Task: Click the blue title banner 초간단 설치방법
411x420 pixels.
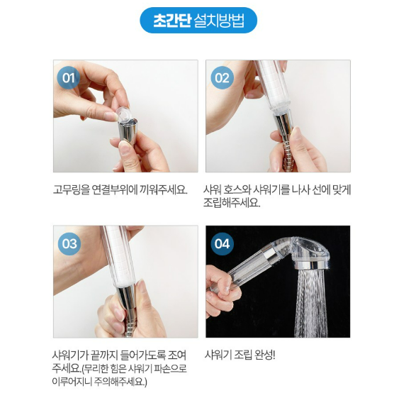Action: coord(198,21)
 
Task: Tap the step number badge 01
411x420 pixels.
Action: coord(69,77)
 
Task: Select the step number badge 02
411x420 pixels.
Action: coord(222,77)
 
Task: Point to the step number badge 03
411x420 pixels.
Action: coord(69,243)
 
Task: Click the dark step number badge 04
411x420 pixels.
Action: coord(222,243)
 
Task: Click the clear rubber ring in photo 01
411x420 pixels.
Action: coord(124,115)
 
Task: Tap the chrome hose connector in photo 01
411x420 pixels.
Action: coord(127,132)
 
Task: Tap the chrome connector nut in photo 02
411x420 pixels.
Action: coord(283,126)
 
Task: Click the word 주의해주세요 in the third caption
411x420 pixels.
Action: coord(120,382)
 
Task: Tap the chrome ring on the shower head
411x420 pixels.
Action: coord(312,265)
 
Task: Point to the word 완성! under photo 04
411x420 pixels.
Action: coord(264,355)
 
